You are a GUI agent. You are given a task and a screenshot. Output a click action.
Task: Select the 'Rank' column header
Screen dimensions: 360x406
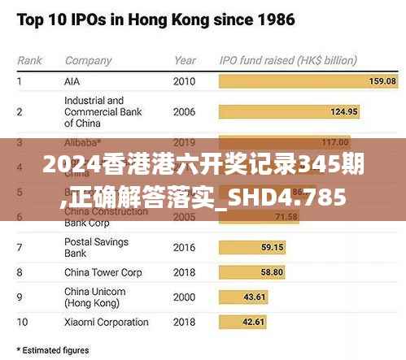pos(30,60)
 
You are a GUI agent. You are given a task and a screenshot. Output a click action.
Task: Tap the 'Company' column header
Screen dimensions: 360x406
pos(88,60)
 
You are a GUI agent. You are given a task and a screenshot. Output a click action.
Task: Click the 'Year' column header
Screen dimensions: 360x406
pos(185,60)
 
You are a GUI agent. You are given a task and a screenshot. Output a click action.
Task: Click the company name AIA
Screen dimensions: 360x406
pos(72,81)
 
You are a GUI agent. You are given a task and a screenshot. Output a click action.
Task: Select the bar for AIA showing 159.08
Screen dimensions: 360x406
pos(308,81)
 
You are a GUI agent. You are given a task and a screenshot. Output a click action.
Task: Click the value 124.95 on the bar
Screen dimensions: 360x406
pos(344,111)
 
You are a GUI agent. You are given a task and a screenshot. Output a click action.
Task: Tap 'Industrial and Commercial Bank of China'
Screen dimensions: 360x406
pos(94,111)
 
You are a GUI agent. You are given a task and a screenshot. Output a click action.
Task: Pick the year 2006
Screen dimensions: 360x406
pos(185,111)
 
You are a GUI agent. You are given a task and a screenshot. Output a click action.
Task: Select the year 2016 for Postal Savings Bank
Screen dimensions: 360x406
pos(185,246)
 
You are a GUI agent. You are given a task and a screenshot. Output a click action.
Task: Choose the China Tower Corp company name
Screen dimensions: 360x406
pos(103,272)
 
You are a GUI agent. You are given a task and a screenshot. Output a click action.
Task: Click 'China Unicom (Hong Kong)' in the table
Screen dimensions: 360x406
pos(94,297)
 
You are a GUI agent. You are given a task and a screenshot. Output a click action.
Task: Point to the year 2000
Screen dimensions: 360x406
pos(185,297)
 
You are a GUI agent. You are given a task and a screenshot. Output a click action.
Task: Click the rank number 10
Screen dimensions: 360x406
pos(23,322)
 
